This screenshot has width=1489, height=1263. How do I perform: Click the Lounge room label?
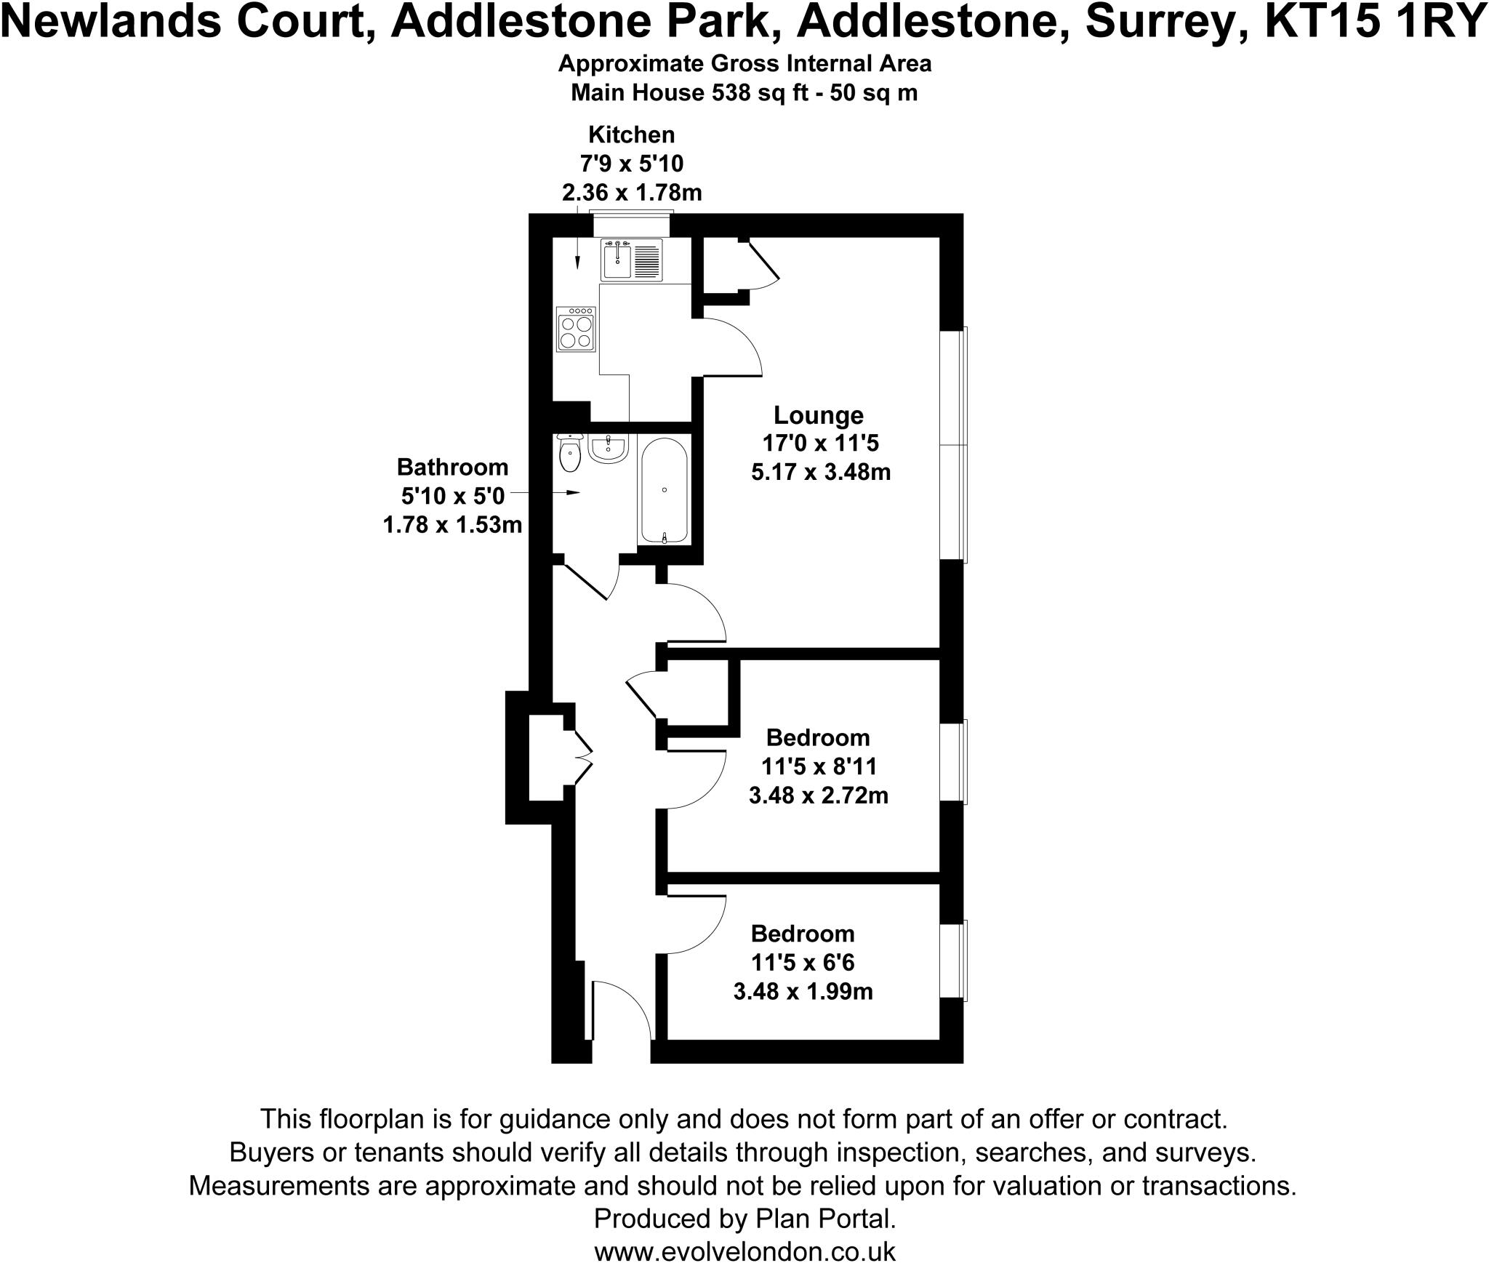click(x=818, y=415)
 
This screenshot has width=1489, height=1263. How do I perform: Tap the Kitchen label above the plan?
click(x=631, y=135)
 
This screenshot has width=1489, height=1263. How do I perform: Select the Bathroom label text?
click(x=452, y=466)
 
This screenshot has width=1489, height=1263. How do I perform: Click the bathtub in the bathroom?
click(x=664, y=490)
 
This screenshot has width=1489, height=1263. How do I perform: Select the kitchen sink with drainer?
click(x=631, y=260)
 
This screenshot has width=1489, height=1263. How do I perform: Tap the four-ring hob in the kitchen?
click(x=575, y=329)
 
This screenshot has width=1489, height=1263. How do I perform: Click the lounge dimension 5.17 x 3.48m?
click(x=821, y=473)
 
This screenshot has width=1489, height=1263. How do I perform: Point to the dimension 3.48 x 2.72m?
click(x=818, y=795)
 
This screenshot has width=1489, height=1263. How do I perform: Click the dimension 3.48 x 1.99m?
click(x=803, y=991)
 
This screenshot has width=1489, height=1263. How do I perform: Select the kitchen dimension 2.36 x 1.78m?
click(x=631, y=193)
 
